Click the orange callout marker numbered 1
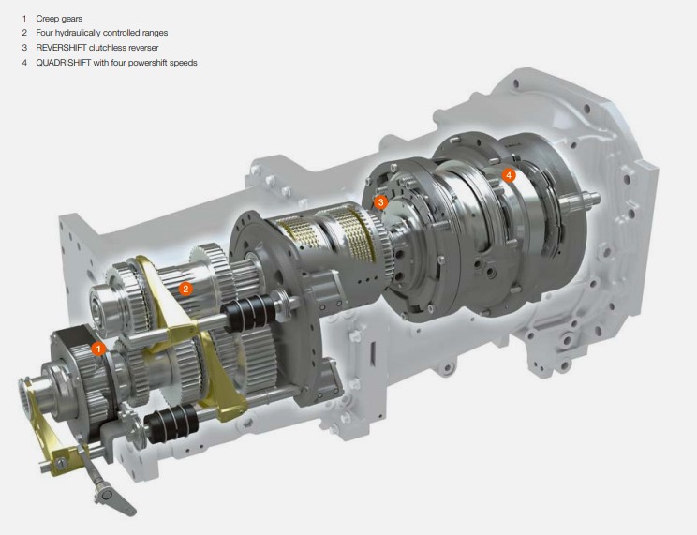pyautogui.click(x=98, y=349)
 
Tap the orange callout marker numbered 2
pyautogui.click(x=185, y=290)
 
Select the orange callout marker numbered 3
pyautogui.click(x=380, y=202)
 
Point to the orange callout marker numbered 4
pyautogui.click(x=509, y=175)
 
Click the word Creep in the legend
pyautogui.click(x=47, y=19)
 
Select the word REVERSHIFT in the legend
pyautogui.click(x=61, y=48)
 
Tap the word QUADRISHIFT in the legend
pyautogui.click(x=63, y=63)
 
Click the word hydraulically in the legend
pyautogui.click(x=78, y=33)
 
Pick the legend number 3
pyautogui.click(x=24, y=48)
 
